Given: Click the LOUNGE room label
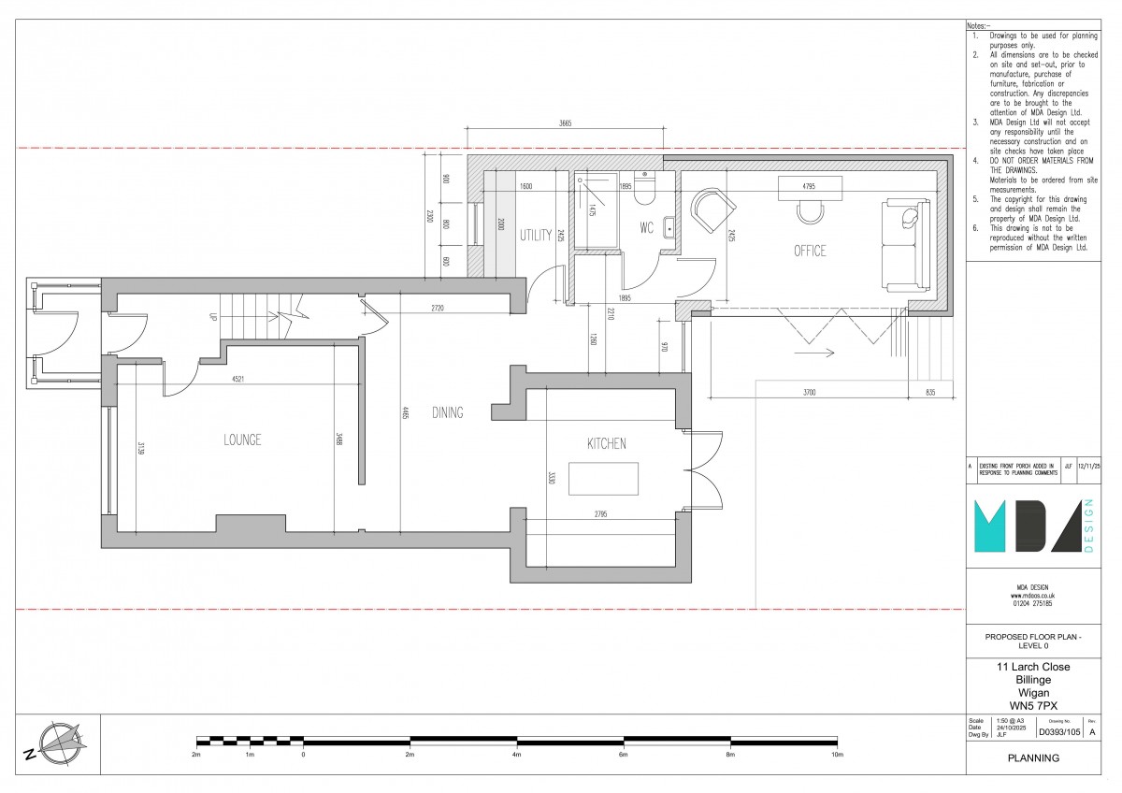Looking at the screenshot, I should pos(241,440).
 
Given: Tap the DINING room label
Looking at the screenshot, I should pos(448,412).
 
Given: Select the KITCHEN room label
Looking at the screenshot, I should pos(606,443).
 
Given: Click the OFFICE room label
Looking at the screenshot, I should pos(810,251).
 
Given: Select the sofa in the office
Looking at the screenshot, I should pos(904,243).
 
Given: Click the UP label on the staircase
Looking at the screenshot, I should pos(213,318).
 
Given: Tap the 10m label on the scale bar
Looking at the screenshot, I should pos(837,754).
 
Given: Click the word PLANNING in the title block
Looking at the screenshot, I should pos(1033,758).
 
